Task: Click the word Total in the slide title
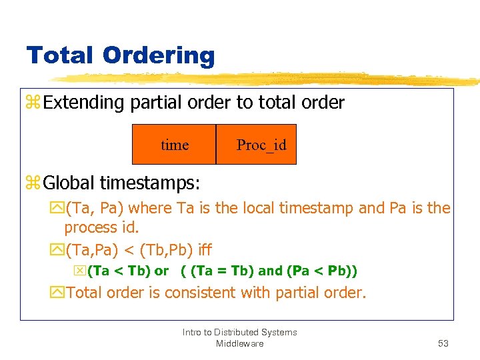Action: coord(58,55)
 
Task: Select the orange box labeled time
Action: coord(175,144)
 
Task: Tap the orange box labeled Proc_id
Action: coord(257,144)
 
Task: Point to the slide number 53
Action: coord(443,343)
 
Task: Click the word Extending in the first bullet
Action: coord(85,103)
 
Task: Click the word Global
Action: coord(69,182)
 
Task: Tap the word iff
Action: coord(204,250)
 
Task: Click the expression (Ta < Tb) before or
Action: coord(119,271)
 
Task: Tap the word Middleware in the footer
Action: coord(240,343)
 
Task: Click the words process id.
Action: coord(101,227)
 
